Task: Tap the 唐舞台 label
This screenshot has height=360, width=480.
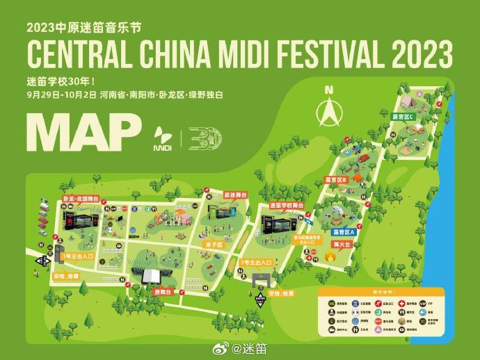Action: click(163, 292)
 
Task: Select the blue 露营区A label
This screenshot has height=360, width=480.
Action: click(342, 231)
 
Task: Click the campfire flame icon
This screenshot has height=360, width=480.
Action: click(330, 258)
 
